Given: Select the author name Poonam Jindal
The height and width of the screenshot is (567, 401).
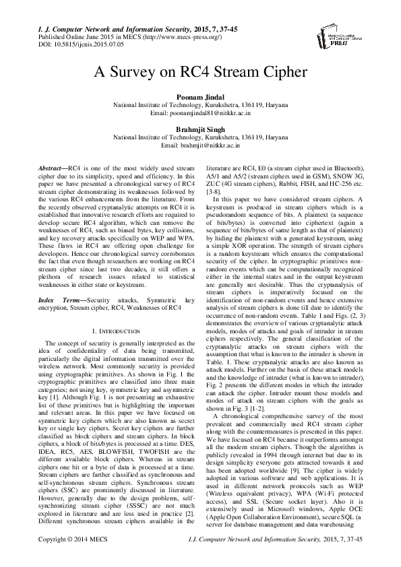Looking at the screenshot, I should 200,98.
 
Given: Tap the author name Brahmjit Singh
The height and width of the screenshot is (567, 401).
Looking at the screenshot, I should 200,129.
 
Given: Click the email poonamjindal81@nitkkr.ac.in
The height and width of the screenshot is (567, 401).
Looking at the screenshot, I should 209,114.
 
